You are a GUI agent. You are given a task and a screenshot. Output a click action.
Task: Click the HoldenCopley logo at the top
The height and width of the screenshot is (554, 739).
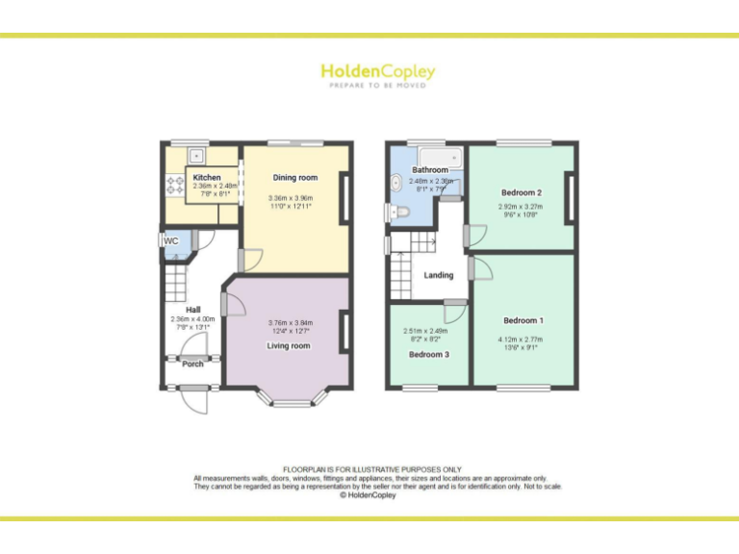[377, 72]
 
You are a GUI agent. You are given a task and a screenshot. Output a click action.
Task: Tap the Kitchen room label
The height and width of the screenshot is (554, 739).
[207, 178]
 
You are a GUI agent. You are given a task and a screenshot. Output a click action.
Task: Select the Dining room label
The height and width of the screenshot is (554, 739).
[294, 178]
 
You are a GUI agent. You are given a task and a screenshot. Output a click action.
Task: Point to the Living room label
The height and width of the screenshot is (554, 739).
[289, 345]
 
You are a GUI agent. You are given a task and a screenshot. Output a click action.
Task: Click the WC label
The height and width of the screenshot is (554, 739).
[171, 240]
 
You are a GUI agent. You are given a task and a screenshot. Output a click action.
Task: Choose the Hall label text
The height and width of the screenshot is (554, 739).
[192, 310]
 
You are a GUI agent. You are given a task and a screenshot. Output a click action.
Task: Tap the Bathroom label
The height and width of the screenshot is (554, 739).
[430, 170]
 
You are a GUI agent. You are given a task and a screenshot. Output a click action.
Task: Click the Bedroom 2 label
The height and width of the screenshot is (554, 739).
[522, 191]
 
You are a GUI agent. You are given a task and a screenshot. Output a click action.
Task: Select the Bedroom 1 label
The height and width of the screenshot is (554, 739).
[522, 320]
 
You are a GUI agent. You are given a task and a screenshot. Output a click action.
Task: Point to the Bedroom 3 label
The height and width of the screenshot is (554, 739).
[429, 354]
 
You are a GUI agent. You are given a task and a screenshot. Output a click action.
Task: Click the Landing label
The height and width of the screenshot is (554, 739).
[439, 275]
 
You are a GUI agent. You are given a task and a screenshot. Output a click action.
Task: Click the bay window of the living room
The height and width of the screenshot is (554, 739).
[293, 393]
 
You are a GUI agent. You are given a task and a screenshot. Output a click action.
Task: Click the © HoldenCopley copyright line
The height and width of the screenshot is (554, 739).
[369, 495]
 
